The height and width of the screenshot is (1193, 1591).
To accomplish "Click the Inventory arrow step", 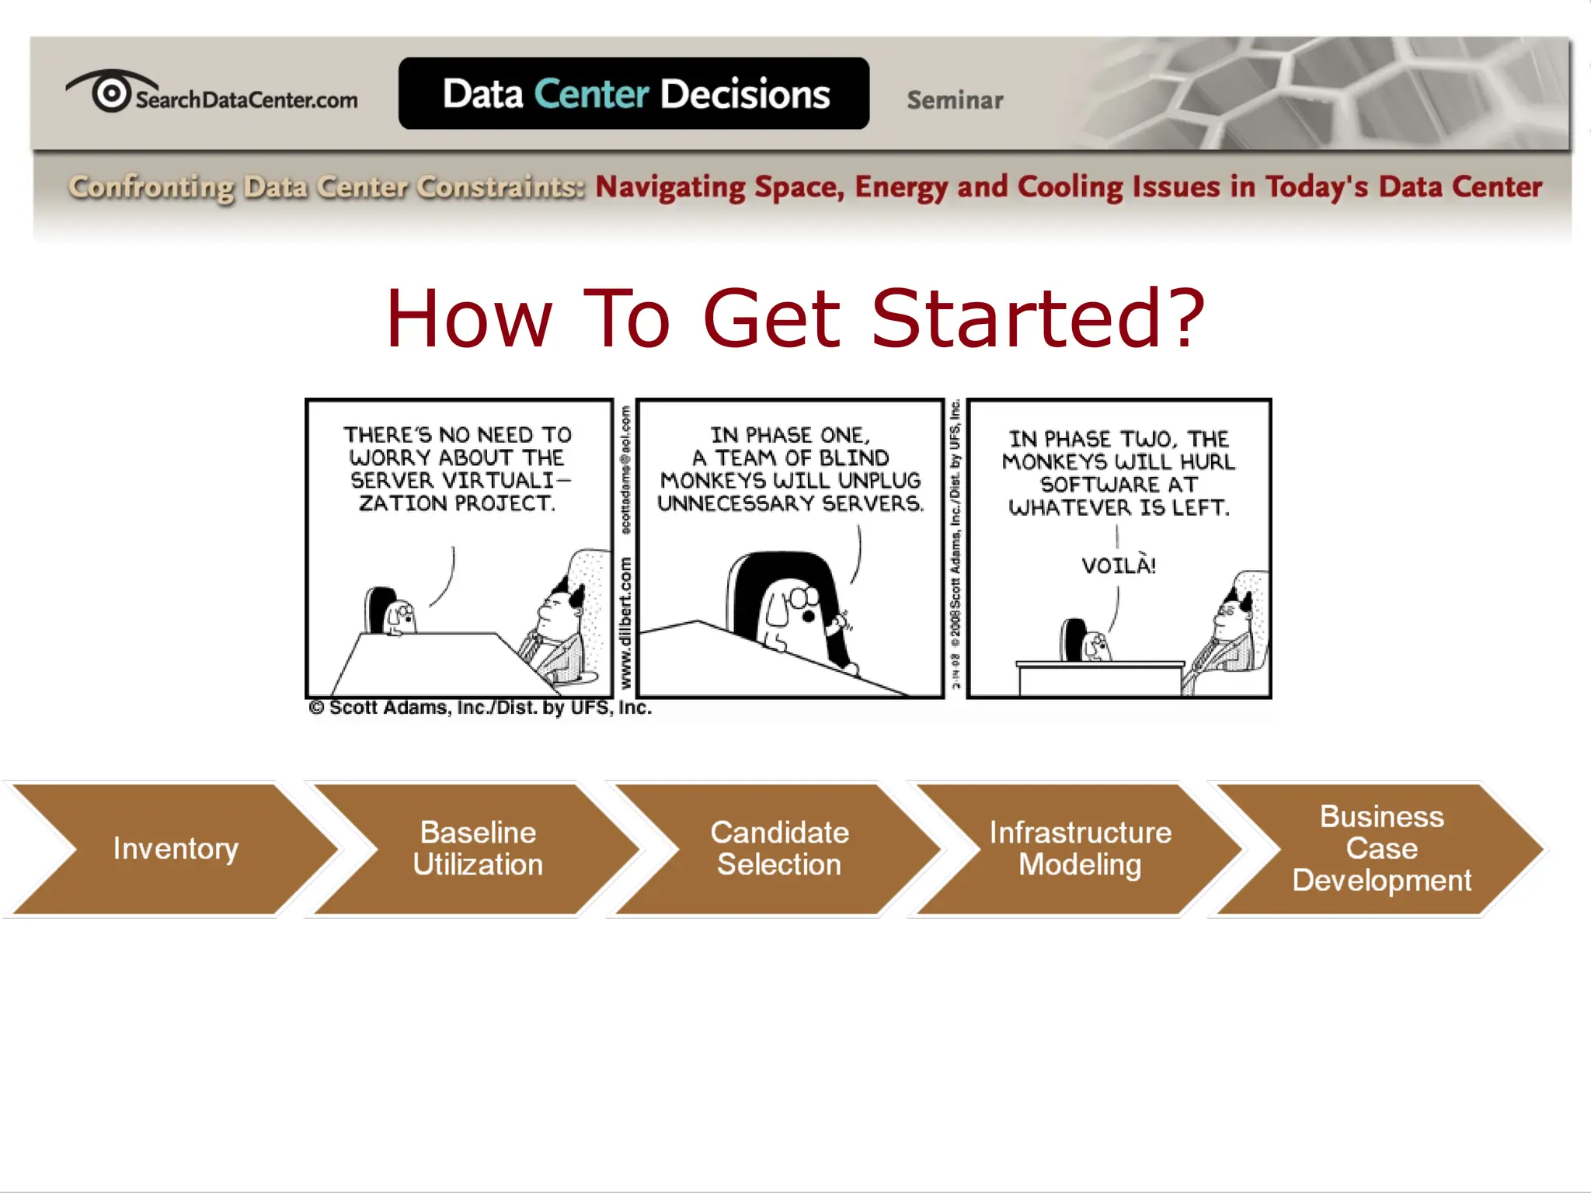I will (176, 848).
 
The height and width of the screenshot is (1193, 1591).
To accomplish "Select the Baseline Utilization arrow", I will (477, 848).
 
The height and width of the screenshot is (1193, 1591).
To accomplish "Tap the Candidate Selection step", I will (779, 848).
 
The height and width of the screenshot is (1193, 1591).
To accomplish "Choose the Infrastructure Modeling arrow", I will (1080, 848).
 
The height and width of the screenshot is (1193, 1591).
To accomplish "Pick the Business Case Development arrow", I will (1381, 848).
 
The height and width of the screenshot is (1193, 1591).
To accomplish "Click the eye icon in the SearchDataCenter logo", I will (111, 92).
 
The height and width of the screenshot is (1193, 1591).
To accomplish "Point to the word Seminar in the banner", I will (955, 100).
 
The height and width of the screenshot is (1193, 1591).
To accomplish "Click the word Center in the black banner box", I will (591, 94).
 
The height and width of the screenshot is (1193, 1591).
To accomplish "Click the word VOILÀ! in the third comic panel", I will (1119, 565).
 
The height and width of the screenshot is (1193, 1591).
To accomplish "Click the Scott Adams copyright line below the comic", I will (480, 708).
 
